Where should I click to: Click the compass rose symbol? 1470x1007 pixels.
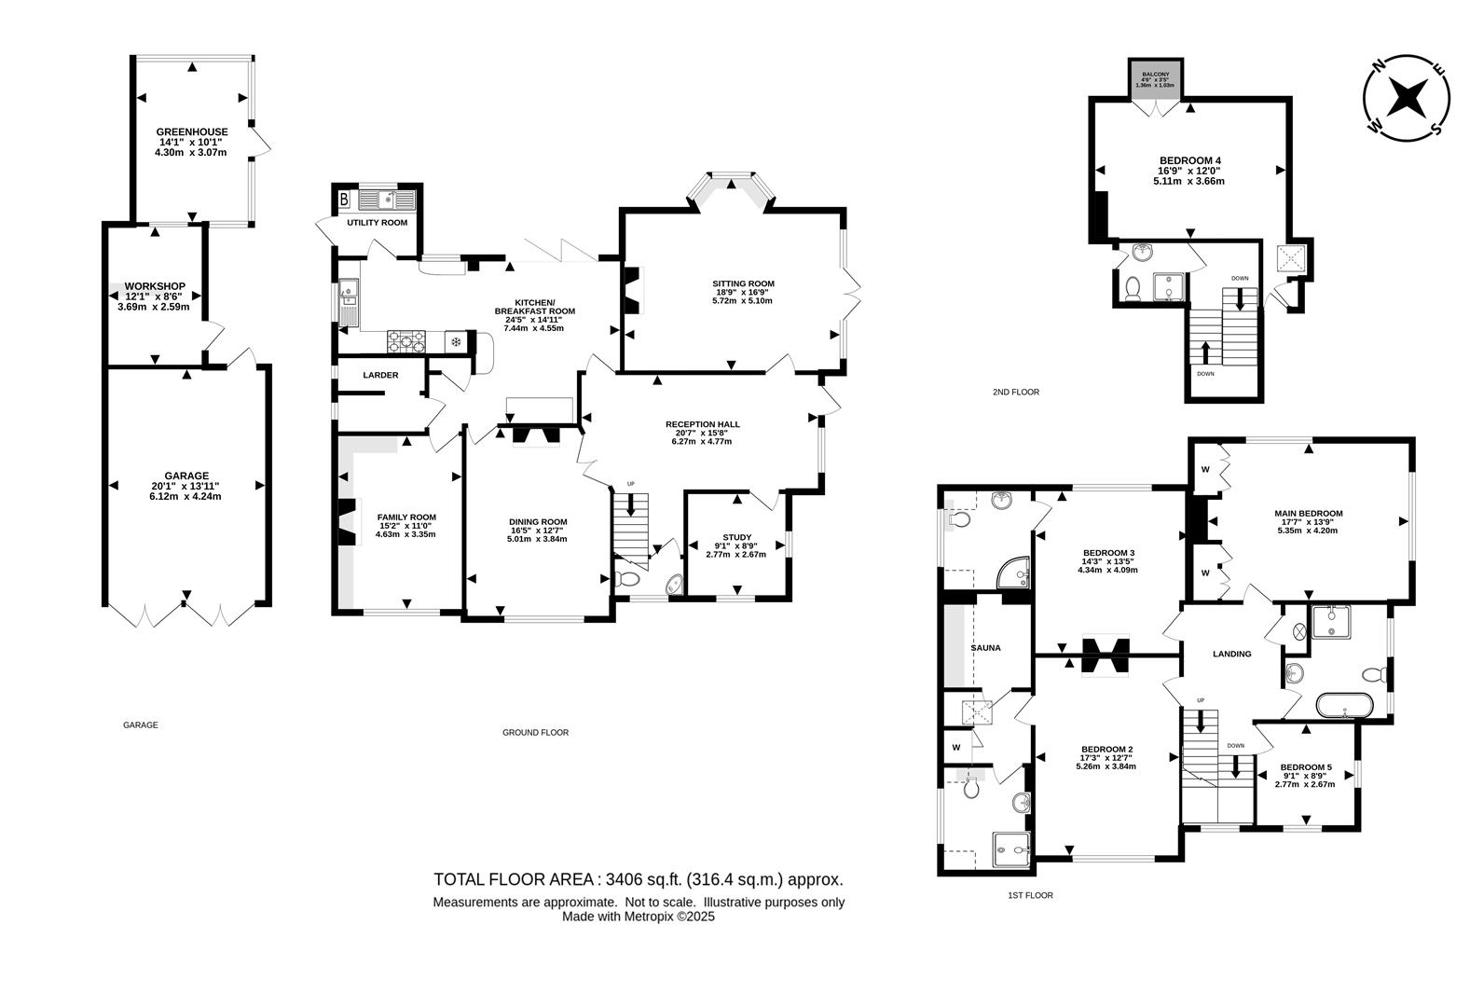pyautogui.click(x=1407, y=96)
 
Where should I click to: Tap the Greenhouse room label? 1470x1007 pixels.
pyautogui.click(x=191, y=131)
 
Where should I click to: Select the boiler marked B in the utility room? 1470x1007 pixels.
pyautogui.click(x=344, y=199)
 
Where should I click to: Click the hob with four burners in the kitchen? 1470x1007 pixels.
pyautogui.click(x=407, y=341)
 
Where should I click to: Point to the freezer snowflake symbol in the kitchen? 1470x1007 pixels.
pyautogui.click(x=456, y=342)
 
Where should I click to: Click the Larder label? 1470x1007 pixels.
pyautogui.click(x=380, y=375)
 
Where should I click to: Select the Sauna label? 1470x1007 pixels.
pyautogui.click(x=985, y=647)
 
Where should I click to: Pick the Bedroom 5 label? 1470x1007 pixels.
pyautogui.click(x=1305, y=767)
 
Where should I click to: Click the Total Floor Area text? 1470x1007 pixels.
pyautogui.click(x=638, y=879)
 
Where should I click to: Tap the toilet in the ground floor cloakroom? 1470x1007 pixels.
pyautogui.click(x=629, y=579)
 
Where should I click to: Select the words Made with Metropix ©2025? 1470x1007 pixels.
pyautogui.click(x=638, y=917)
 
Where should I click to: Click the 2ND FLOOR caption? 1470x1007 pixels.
pyautogui.click(x=1015, y=393)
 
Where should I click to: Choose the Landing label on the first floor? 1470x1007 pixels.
pyautogui.click(x=1231, y=654)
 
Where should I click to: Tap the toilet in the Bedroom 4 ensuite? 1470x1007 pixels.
pyautogui.click(x=1133, y=290)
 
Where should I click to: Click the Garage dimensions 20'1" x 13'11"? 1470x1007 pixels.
pyautogui.click(x=187, y=486)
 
